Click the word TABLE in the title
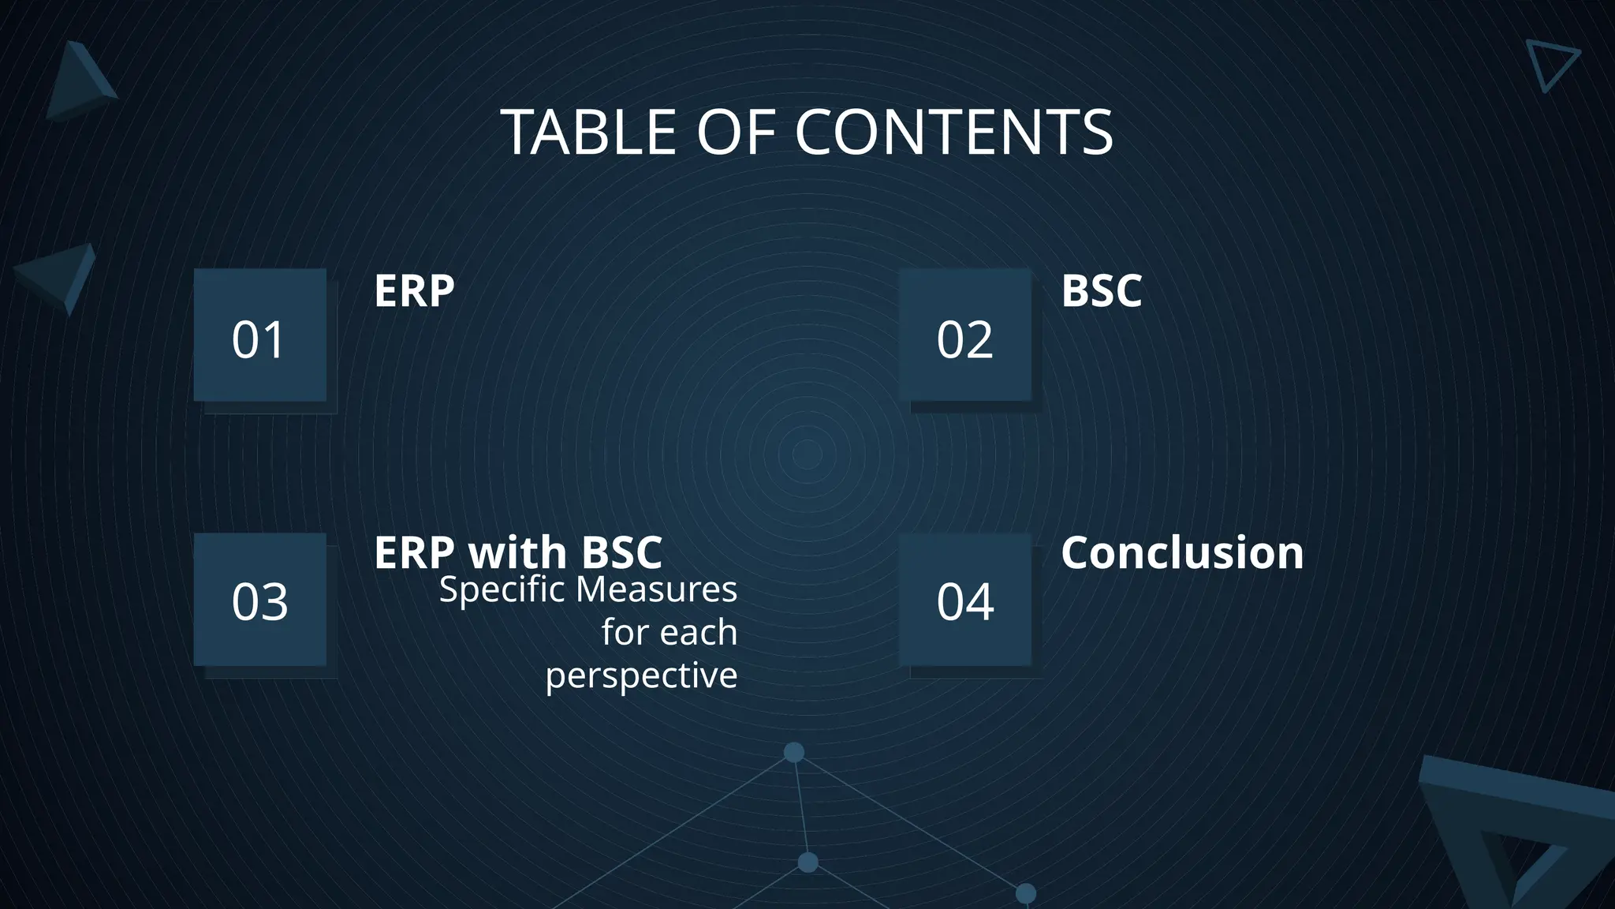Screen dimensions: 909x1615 pos(588,133)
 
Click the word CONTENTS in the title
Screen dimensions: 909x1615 pos(953,133)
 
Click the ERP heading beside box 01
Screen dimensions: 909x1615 pos(414,291)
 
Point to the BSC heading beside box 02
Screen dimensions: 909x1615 pos(1101,291)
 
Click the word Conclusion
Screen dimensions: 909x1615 pos(1181,552)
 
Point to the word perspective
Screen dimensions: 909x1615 pos(641,676)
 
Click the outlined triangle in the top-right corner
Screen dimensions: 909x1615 pos(1550,63)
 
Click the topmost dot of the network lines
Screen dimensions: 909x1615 pos(794,752)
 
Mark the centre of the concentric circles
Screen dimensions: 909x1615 pos(806,454)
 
